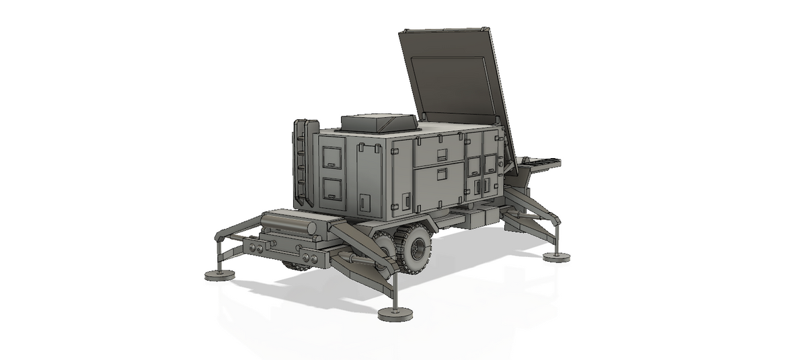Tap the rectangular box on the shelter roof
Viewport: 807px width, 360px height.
pos(379,122)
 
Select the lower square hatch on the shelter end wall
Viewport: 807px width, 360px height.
pos(332,189)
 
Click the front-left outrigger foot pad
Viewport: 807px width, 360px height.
pos(219,275)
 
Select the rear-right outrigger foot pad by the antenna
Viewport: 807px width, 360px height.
pos(556,257)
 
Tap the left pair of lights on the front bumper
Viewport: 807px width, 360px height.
pos(255,249)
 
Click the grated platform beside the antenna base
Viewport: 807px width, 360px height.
pos(541,162)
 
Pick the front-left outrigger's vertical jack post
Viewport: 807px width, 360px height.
pos(218,256)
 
